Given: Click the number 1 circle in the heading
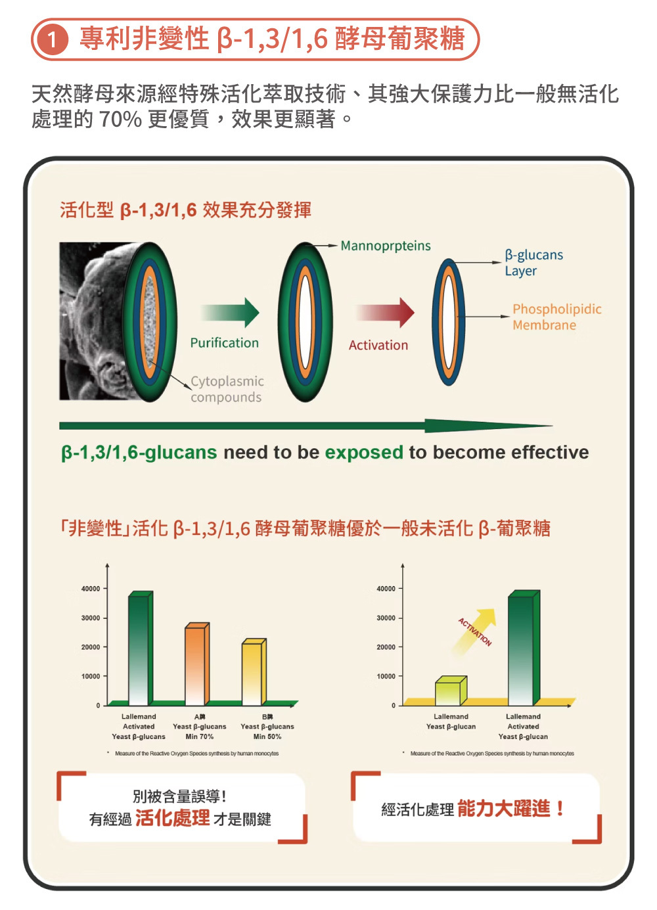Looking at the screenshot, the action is [x=52, y=40].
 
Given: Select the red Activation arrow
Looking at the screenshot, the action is [x=386, y=313].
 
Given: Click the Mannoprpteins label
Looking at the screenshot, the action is [x=386, y=246].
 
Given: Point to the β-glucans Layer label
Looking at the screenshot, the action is [x=533, y=263].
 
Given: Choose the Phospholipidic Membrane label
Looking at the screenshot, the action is [x=556, y=317].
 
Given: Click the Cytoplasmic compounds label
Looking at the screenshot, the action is [x=227, y=389].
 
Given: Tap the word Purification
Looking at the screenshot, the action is [x=224, y=343].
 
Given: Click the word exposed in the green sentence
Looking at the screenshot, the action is [x=364, y=452].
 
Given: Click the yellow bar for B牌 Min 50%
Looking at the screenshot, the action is [x=252, y=673].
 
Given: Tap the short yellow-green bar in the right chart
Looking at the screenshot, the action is [x=449, y=692].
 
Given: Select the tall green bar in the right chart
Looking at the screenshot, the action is [x=522, y=649].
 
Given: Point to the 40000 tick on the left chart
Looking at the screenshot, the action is [x=91, y=589].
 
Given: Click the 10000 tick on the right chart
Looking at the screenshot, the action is [x=386, y=676].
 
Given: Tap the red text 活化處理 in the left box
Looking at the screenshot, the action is [x=172, y=818].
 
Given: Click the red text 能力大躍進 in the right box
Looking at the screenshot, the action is [x=503, y=809].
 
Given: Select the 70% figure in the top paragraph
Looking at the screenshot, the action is [x=120, y=119].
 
